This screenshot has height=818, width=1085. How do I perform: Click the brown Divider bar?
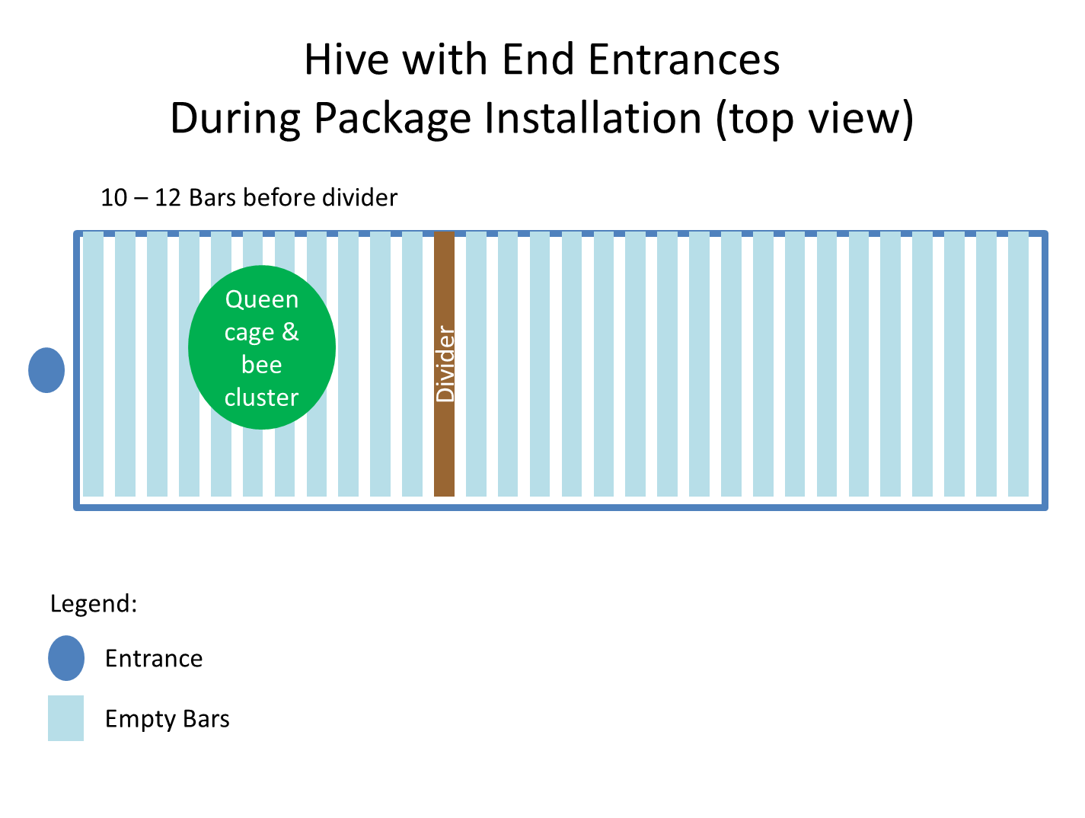click(x=444, y=363)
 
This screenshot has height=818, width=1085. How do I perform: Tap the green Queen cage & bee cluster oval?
click(x=261, y=347)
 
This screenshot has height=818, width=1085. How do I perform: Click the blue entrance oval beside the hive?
click(x=46, y=369)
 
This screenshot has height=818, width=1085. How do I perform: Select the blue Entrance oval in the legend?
click(x=65, y=658)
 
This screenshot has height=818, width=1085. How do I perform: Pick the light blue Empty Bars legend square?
click(x=65, y=717)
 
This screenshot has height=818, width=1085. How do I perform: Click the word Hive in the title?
click(x=346, y=59)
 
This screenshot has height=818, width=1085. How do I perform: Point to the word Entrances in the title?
click(x=684, y=59)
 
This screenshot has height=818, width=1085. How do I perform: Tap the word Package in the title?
click(x=392, y=119)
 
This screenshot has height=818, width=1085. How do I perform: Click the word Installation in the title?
click(x=592, y=117)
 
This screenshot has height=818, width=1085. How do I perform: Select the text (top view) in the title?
click(x=814, y=119)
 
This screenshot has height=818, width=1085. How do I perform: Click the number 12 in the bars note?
click(x=168, y=198)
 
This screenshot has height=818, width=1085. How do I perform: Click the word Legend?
click(x=94, y=604)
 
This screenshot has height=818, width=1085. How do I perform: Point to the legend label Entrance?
click(x=154, y=658)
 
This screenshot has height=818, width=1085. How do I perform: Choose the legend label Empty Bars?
click(x=167, y=719)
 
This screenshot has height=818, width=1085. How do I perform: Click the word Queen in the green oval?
click(x=261, y=299)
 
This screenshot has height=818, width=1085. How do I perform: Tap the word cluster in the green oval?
click(x=261, y=397)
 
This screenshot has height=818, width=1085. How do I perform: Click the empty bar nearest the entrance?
click(x=93, y=363)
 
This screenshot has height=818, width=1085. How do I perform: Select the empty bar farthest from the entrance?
click(x=1018, y=363)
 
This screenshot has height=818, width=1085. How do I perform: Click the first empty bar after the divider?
click(x=476, y=363)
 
